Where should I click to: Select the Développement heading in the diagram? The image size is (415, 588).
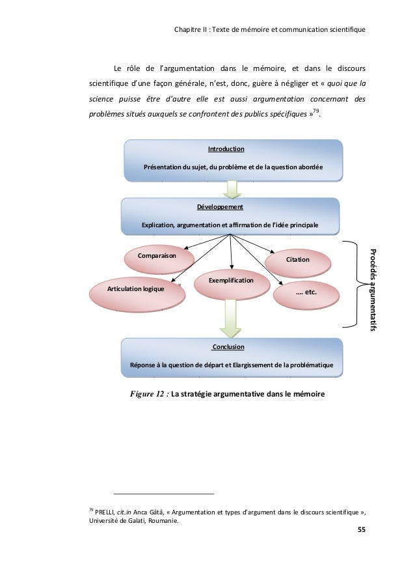(x=219, y=207)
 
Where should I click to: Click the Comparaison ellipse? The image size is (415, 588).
(x=157, y=257)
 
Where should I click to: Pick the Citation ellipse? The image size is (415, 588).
(x=297, y=260)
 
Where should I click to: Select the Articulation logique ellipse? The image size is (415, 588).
(x=135, y=288)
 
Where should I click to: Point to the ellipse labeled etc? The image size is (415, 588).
(x=305, y=292)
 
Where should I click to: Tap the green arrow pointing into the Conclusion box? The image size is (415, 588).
(x=231, y=319)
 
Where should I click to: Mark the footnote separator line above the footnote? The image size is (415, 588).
(x=163, y=494)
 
